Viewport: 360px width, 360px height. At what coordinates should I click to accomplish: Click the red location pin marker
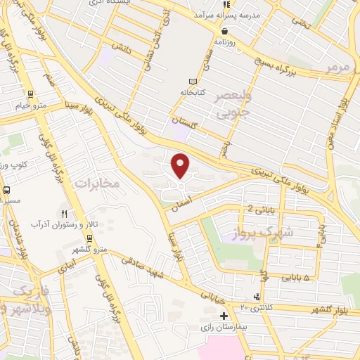tap(181, 165)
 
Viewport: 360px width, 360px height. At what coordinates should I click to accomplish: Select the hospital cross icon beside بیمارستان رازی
tap(224, 316)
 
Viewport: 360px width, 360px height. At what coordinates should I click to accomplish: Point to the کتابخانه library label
tap(194, 92)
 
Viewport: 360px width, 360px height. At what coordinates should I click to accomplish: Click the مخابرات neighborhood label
tap(98, 184)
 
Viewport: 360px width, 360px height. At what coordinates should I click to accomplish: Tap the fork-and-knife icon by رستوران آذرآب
tap(65, 213)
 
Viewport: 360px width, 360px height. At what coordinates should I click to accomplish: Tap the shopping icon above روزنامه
tap(224, 31)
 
